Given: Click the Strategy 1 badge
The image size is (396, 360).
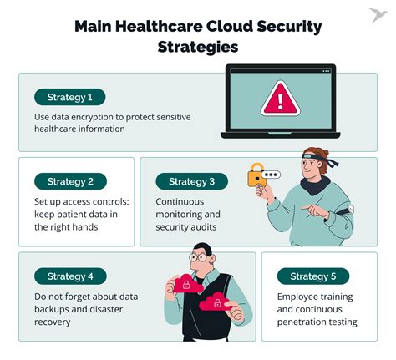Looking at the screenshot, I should (69, 96).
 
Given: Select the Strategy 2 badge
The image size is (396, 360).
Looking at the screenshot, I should (69, 181).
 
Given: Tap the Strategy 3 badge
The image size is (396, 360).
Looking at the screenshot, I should (191, 181).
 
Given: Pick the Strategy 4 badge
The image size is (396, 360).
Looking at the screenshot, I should (69, 276).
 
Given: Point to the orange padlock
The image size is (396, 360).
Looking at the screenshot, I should (256, 175).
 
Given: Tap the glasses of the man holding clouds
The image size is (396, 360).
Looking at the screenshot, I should (197, 257).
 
